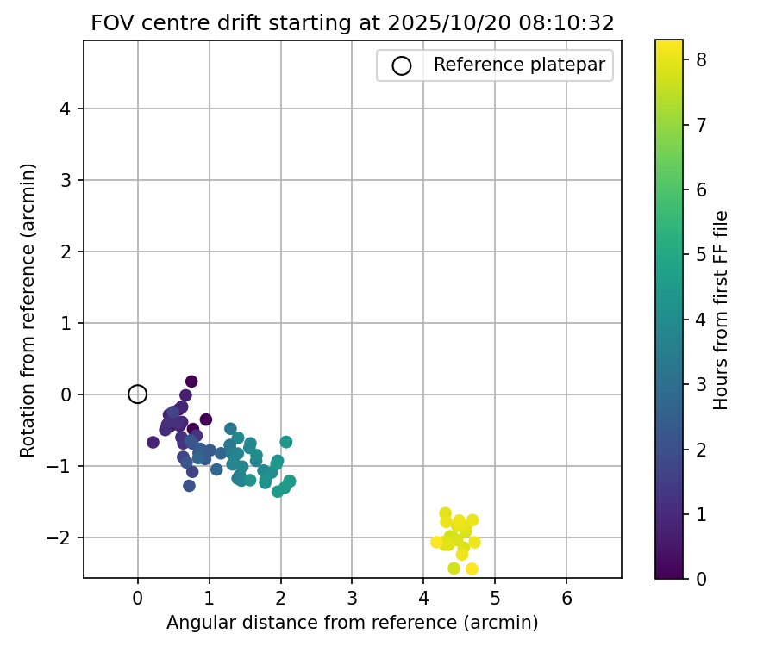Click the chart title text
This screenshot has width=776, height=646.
pyautogui.click(x=352, y=23)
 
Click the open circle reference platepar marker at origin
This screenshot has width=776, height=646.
pyautogui.click(x=137, y=394)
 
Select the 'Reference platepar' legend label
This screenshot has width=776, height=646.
pyautogui.click(x=519, y=65)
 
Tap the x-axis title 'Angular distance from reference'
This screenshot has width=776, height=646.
pyautogui.click(x=352, y=622)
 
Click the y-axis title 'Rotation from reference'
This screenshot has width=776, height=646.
pyautogui.click(x=28, y=309)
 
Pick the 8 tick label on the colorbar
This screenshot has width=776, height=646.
pyautogui.click(x=701, y=60)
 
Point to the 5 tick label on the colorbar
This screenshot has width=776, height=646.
pyautogui.click(x=701, y=254)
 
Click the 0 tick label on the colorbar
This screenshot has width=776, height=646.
pyautogui.click(x=701, y=578)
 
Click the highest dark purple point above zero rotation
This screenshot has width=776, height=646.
pyautogui.click(x=191, y=382)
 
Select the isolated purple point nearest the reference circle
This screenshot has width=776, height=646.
pyautogui.click(x=153, y=442)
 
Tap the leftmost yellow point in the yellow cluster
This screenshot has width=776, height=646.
pyautogui.click(x=436, y=542)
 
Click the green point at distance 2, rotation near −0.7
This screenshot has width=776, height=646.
pyautogui.click(x=285, y=442)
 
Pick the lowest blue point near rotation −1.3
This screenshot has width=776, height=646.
pyautogui.click(x=189, y=486)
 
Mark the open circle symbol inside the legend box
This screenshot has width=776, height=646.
pyautogui.click(x=402, y=65)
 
